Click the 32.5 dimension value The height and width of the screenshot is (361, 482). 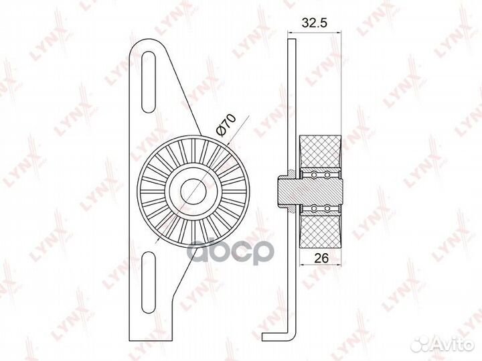point(315,23)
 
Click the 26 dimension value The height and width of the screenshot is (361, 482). point(321,258)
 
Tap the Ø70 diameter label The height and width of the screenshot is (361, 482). point(226,125)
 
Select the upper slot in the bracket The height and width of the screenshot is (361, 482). point(148,82)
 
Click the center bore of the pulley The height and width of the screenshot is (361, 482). point(193,191)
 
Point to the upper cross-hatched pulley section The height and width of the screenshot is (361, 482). point(320,153)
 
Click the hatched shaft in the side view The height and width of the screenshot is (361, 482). point(310,192)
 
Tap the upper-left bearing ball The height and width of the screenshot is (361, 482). point(314,175)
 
